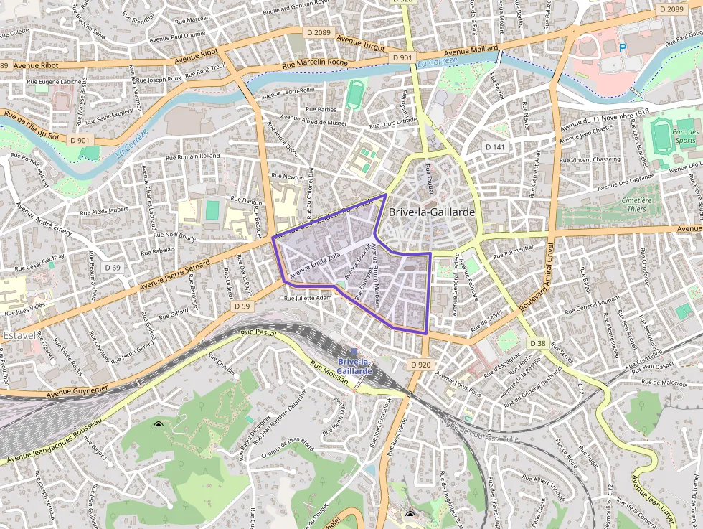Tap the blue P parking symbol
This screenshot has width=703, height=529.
622,48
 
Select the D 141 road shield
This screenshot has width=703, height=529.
495,146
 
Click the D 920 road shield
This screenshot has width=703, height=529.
421,365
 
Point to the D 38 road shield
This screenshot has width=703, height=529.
537,344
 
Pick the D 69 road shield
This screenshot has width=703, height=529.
112,267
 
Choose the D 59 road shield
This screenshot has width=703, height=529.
242,306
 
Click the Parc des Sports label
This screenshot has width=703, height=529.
686,136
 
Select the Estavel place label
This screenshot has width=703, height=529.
19,335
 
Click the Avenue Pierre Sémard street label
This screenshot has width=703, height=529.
175,276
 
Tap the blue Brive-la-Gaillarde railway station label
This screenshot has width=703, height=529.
354,366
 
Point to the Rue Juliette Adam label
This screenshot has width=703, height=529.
308,297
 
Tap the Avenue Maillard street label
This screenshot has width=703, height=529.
466,51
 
